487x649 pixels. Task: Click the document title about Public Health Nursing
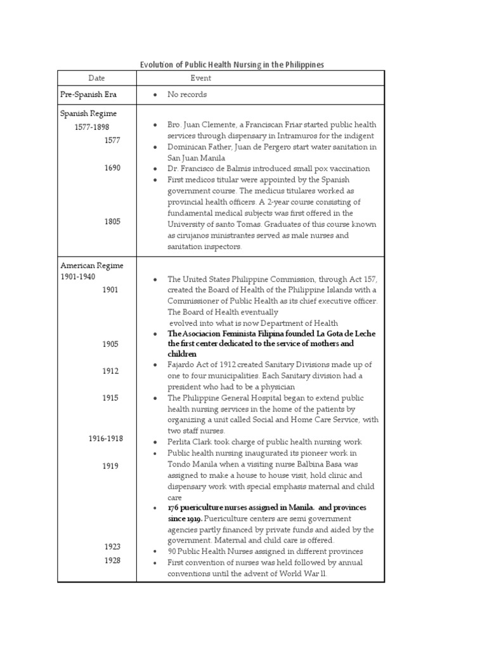click(x=231, y=65)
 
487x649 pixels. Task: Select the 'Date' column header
click(x=96, y=78)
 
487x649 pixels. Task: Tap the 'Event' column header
click(x=201, y=78)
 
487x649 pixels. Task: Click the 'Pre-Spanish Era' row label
click(x=89, y=94)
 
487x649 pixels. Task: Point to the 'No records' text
click(x=187, y=94)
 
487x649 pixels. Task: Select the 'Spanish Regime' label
click(x=88, y=113)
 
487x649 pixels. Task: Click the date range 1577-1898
click(x=92, y=127)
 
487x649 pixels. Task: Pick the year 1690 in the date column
click(x=112, y=168)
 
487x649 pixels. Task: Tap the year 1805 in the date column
click(x=112, y=222)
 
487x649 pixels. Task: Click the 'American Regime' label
click(x=91, y=266)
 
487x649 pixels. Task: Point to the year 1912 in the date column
click(x=110, y=371)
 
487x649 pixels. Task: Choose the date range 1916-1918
click(x=106, y=439)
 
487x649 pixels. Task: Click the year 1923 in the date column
click(x=112, y=546)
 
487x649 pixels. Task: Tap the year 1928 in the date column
click(x=112, y=560)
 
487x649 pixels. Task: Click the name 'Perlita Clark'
click(x=191, y=442)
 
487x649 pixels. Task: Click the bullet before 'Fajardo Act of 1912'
click(x=155, y=365)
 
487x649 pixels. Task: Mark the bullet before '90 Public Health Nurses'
click(x=155, y=551)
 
